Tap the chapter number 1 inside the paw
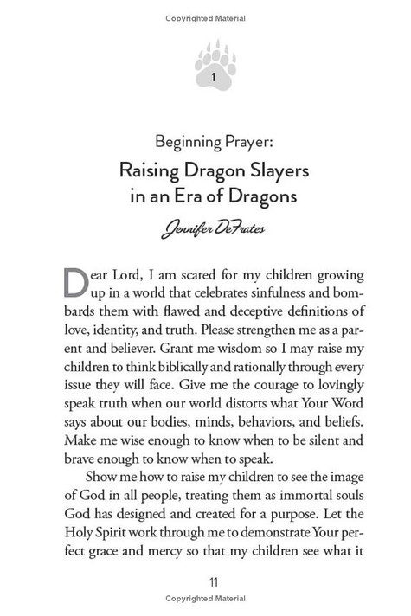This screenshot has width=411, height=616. [x=214, y=77]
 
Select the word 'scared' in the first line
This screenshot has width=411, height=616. [x=192, y=276]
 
